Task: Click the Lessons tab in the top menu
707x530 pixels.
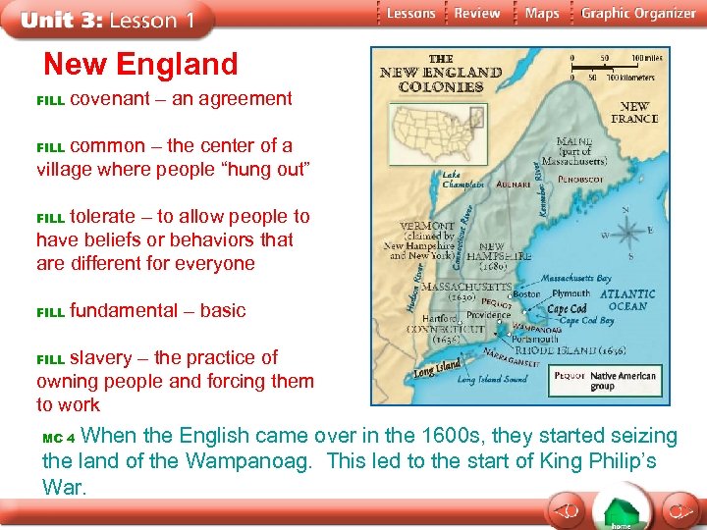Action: point(410,13)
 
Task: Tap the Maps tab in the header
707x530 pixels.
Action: point(542,13)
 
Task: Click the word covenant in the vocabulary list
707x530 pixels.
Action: point(110,98)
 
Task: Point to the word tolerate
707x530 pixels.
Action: point(110,216)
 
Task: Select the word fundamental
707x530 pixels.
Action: point(123,310)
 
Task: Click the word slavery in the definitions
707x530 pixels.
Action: point(103,357)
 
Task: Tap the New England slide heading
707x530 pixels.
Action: point(140,64)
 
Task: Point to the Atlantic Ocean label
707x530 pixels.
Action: point(627,299)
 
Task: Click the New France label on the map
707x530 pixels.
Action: point(634,113)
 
